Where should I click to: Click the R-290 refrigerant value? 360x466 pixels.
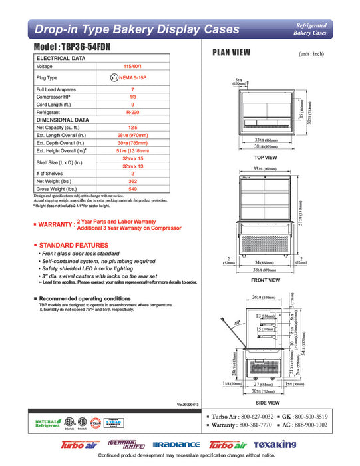(x=133, y=113)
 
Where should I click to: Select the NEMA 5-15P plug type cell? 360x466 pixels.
(x=133, y=77)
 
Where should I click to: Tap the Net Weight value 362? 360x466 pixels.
(x=133, y=180)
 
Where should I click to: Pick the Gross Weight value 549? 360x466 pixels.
(x=133, y=188)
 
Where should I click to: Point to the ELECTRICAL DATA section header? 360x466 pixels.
(x=61, y=58)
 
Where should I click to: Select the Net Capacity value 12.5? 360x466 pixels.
(x=133, y=127)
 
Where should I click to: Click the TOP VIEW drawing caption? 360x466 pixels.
(x=266, y=158)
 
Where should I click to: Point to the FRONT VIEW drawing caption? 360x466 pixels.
(x=265, y=280)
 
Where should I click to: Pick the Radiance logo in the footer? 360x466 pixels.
(x=176, y=445)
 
